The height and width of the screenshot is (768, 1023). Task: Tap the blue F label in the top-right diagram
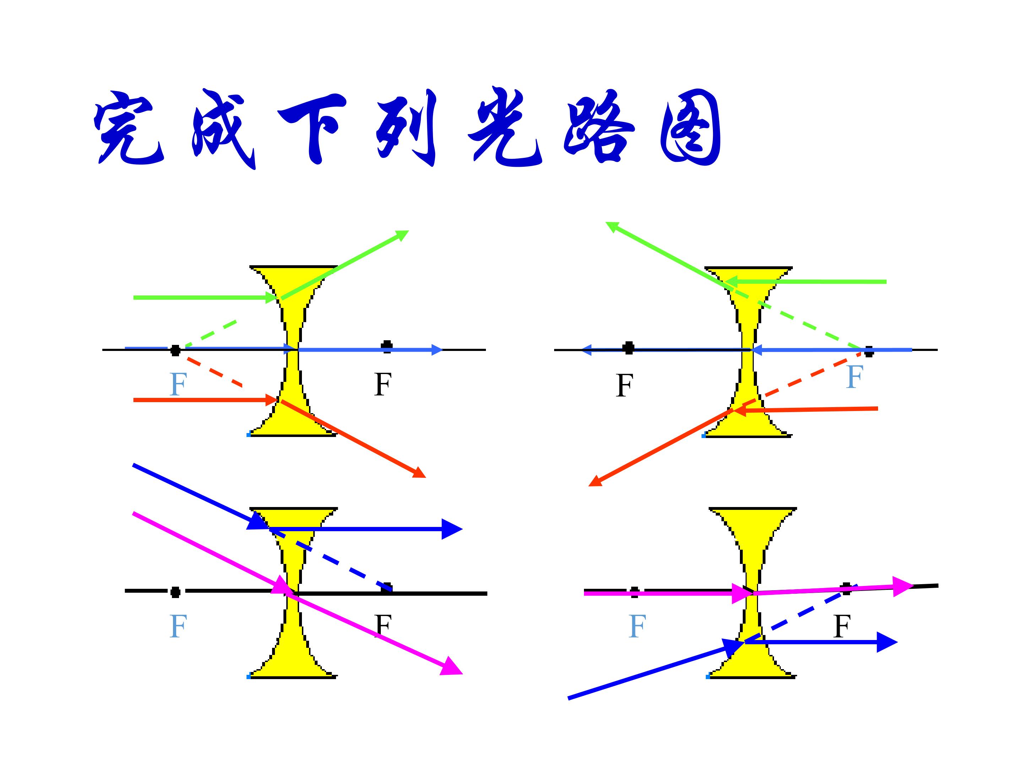855,377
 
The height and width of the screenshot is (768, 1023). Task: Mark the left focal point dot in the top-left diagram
175,350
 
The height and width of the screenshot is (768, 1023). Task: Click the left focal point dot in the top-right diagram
628,348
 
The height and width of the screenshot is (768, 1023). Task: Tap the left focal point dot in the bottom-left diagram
175,592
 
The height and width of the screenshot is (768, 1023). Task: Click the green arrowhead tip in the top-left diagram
409,230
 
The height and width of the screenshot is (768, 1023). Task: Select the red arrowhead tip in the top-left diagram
426,477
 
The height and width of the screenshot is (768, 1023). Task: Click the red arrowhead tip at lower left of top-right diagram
588,486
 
